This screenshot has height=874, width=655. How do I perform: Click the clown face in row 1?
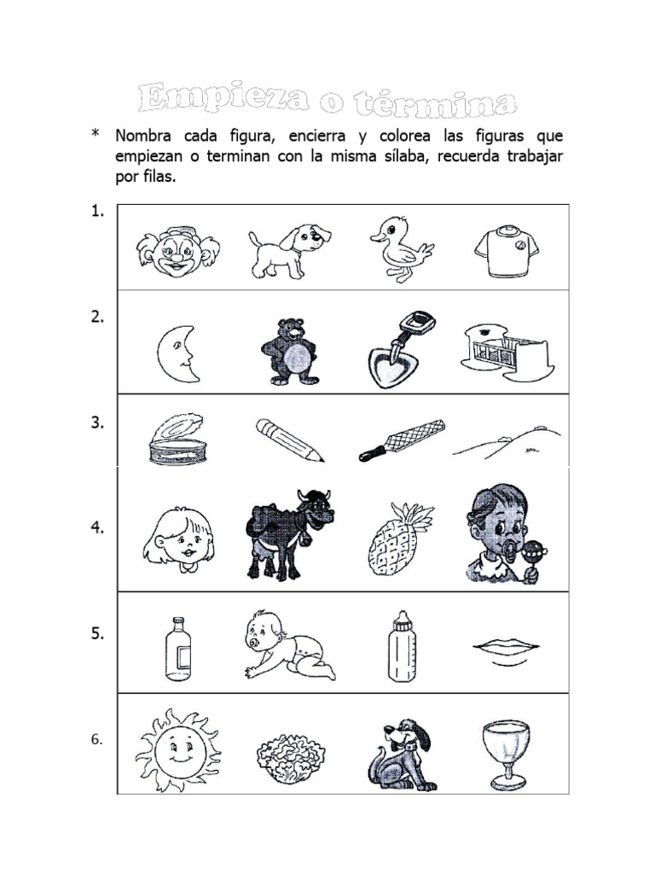coord(177,251)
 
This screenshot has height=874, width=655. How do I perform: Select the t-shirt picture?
coord(507,251)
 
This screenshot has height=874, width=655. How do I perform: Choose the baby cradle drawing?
coord(507,352)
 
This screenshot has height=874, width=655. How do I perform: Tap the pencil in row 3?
coord(290,439)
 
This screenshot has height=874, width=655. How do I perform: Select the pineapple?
coord(398,539)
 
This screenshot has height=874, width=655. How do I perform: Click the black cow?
coord(287,534)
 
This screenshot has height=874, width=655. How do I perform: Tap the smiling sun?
coord(177,749)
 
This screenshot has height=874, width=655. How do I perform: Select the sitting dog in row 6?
coord(403,755)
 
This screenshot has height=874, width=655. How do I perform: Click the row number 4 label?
coord(97,528)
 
